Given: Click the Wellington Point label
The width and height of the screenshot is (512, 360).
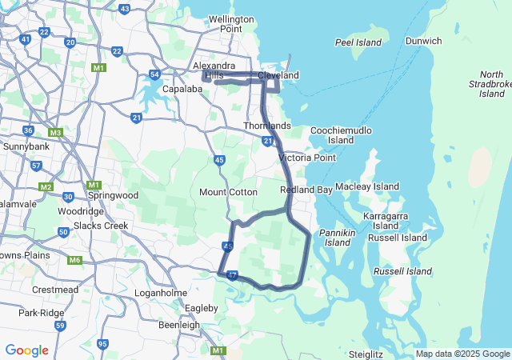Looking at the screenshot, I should [230, 24].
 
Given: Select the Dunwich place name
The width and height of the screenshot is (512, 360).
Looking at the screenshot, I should [423, 41].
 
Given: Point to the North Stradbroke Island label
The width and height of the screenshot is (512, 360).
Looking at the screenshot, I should [492, 83].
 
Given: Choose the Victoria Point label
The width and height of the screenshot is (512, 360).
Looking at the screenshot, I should [306, 158].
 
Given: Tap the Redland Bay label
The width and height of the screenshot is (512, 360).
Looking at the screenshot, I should [306, 190].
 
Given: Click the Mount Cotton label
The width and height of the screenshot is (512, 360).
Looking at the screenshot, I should [228, 192].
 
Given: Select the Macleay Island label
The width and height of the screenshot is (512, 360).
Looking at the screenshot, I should [366, 186].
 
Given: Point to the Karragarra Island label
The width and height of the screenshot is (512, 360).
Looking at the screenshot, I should [386, 221].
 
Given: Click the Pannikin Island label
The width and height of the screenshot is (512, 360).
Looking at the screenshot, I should [337, 237].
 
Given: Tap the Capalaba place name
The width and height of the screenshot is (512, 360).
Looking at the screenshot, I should [181, 90].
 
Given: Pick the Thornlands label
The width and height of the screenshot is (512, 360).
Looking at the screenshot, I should [267, 126].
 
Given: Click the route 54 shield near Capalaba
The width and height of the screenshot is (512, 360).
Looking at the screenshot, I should [154, 74].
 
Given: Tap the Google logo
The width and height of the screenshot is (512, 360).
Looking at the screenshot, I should [26, 350].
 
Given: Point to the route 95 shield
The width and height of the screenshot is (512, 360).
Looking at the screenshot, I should [102, 344].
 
